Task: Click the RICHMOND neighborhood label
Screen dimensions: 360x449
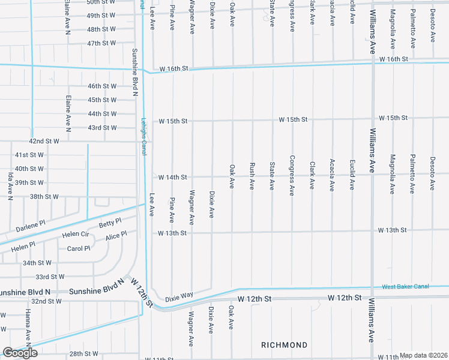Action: coord(284,345)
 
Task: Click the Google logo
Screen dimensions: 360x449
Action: coord(20,353)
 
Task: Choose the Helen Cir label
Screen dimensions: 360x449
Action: coord(75,235)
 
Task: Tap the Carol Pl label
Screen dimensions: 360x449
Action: coord(79,248)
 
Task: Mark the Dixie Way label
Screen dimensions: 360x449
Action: coord(179,296)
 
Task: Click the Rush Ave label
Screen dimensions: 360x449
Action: coord(252,176)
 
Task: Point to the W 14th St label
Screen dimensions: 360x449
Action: coord(173,178)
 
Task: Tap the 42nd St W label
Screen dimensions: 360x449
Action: coord(44,141)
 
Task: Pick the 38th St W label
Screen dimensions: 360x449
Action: coord(44,196)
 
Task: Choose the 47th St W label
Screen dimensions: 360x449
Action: coord(101,44)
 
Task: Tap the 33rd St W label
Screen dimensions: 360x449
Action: coord(50,277)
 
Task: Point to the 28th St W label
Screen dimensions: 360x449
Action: coord(83,354)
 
